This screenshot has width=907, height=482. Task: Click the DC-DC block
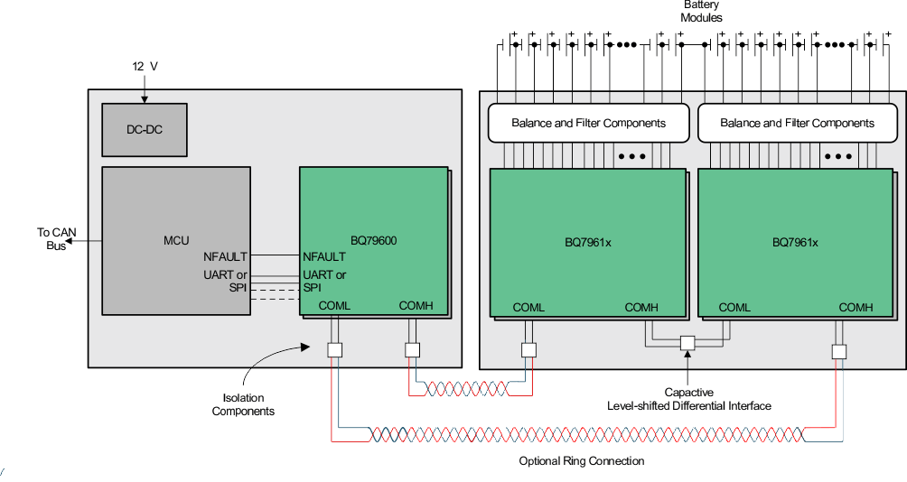145,129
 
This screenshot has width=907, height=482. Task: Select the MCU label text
176,240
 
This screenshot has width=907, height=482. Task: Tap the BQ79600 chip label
374,241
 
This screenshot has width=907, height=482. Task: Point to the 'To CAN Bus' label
56,239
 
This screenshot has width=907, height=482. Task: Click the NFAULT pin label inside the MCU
225,257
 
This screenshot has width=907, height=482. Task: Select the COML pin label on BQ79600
334,306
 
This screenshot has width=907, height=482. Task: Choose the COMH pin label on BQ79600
416,306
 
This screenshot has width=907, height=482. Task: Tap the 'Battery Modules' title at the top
702,12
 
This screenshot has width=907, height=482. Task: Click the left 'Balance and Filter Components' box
588,123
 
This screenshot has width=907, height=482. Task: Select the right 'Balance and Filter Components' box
797,123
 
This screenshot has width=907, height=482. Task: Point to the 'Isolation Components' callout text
243,404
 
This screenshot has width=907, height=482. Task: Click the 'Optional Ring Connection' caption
581,461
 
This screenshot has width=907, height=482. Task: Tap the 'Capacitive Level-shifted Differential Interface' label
689,399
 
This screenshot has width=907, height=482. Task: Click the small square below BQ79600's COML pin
334,350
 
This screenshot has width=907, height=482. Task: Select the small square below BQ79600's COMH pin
412,350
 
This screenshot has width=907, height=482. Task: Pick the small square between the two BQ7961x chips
687,343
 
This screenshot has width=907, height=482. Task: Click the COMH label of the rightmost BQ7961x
856,308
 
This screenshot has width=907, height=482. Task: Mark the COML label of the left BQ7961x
528,308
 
